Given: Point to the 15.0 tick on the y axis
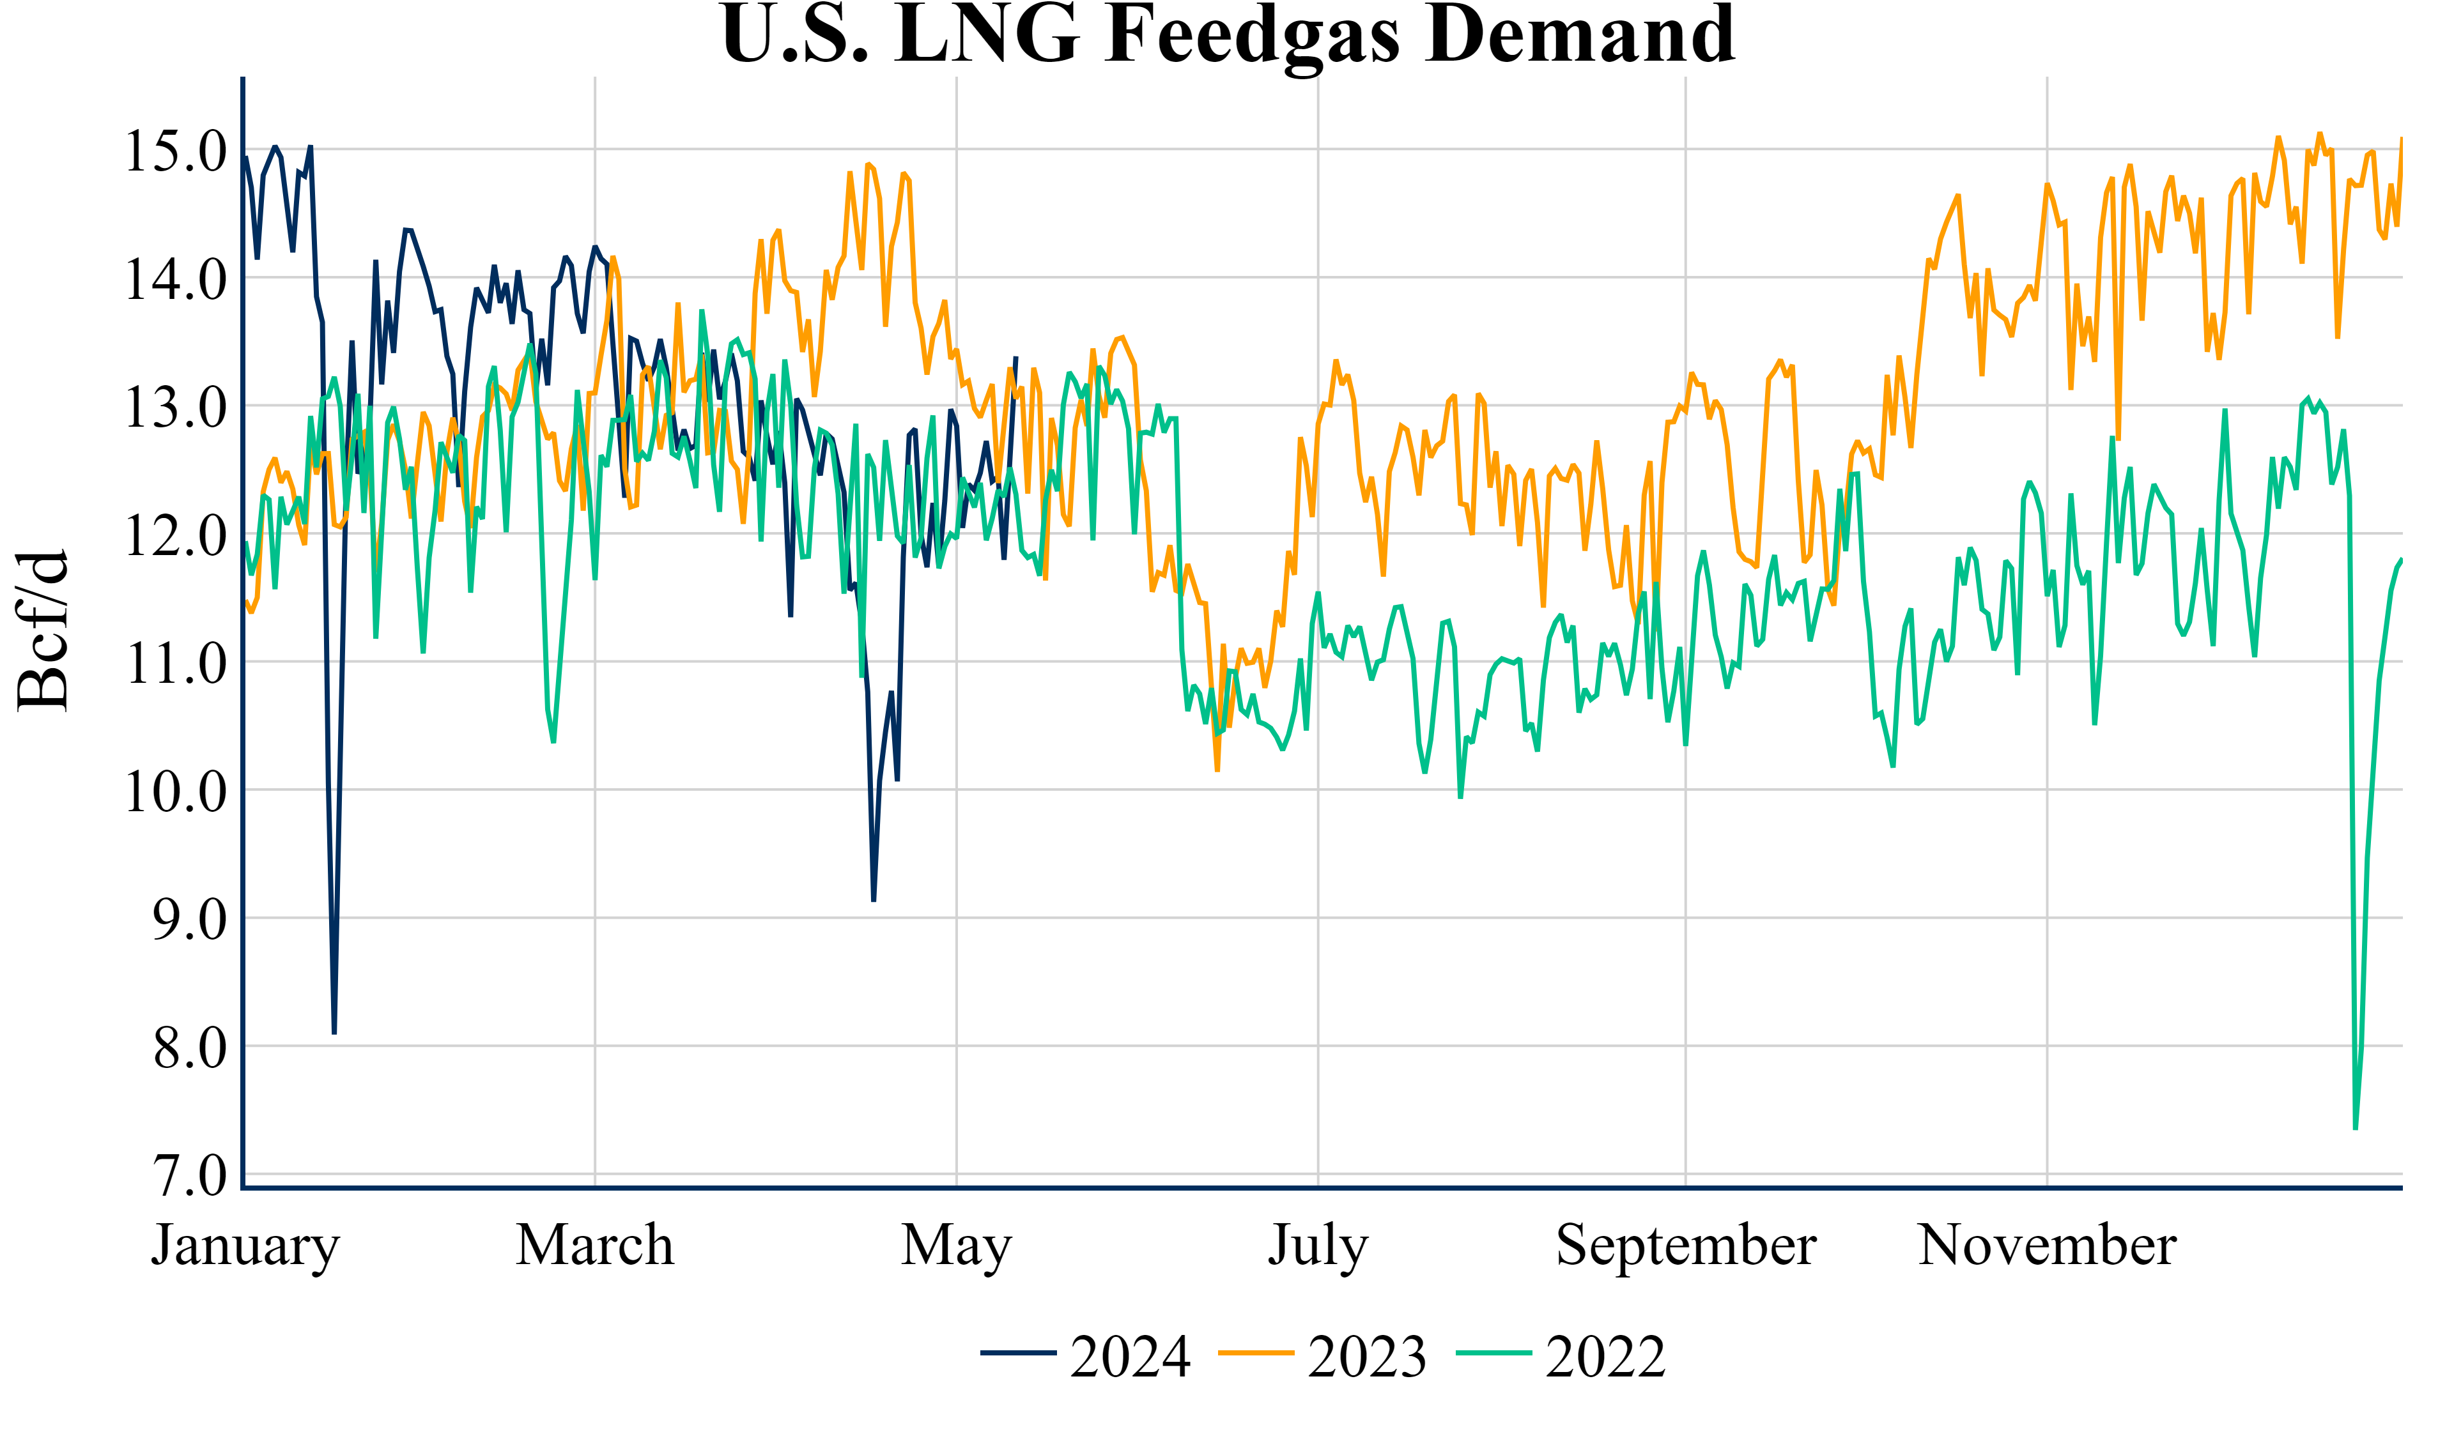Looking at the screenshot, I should (x=175, y=151).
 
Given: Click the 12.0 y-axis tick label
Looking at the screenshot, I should (x=175, y=535).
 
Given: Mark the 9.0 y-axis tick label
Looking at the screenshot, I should (x=189, y=919).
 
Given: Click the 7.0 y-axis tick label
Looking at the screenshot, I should (x=189, y=1175).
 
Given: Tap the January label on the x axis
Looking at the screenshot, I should (x=245, y=1246).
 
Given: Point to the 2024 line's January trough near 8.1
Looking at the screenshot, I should (x=334, y=1032).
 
